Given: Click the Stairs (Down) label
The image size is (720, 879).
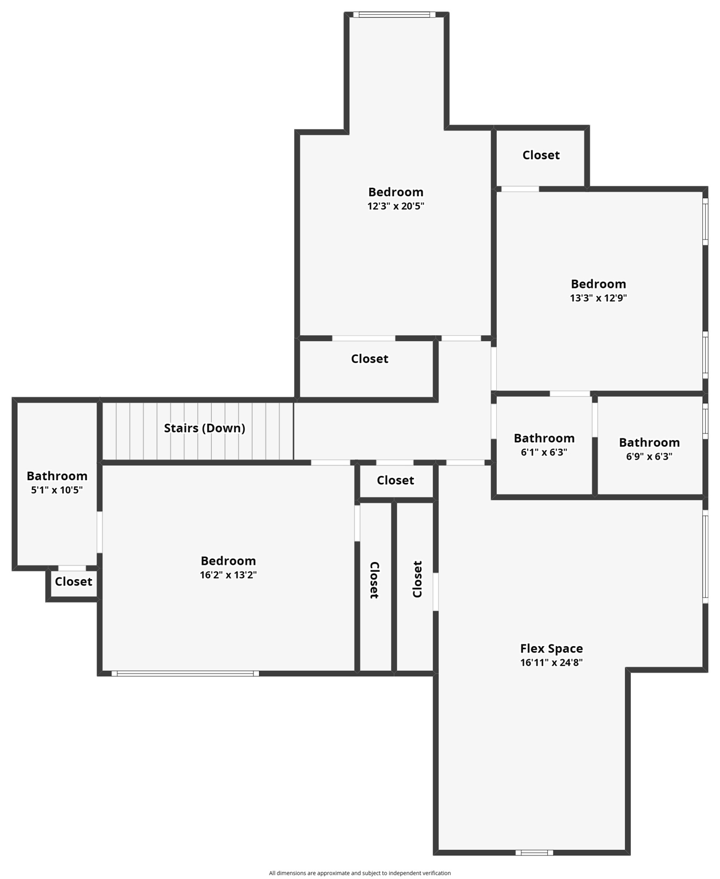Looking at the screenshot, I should [204, 428].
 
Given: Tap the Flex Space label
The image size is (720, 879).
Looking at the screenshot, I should [551, 648].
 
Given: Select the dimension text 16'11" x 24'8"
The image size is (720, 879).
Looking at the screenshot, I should [551, 663].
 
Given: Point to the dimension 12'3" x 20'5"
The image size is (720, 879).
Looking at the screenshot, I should [395, 206].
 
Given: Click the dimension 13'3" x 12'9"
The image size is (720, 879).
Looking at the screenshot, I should [598, 298].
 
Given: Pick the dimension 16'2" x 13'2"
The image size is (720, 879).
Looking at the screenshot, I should [228, 575].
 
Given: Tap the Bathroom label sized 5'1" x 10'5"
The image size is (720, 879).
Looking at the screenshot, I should [57, 476].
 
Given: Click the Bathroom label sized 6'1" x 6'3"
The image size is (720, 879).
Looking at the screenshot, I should [544, 438].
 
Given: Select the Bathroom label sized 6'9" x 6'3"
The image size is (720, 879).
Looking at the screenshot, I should [649, 442].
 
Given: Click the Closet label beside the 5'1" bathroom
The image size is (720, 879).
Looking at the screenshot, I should [73, 581].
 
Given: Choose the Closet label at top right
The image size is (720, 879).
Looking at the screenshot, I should [541, 155].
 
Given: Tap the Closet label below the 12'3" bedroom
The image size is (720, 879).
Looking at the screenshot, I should [369, 359].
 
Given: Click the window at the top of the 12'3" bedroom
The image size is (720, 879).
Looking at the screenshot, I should [394, 15].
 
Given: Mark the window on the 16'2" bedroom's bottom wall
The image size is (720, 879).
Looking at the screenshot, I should [185, 674].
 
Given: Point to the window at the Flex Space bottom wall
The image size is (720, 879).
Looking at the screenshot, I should [534, 853].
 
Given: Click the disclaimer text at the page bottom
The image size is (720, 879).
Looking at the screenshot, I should [359, 873].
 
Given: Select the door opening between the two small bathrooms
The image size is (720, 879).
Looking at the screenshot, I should [595, 419].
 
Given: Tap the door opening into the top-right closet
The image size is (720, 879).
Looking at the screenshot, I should [520, 189].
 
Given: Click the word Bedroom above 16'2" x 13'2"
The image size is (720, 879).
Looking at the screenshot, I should [228, 561].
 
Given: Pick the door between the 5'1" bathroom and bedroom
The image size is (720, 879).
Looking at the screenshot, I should [100, 532].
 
